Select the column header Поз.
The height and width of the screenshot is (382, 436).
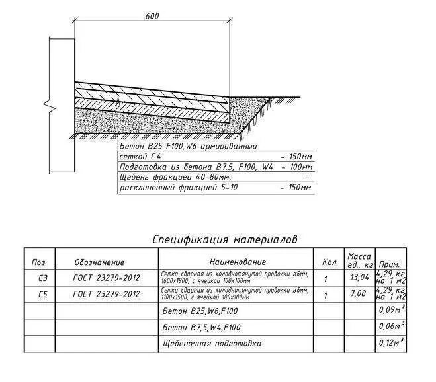tap(39, 262)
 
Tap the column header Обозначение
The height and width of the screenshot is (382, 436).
tap(99, 262)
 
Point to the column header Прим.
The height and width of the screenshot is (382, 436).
tap(390, 264)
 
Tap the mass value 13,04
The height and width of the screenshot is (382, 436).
tap(359, 278)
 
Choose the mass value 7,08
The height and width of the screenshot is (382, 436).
tap(359, 295)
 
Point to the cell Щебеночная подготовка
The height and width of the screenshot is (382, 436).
tap(212, 344)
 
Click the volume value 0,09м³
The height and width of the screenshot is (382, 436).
tap(390, 310)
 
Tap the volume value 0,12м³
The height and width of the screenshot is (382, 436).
tap(390, 343)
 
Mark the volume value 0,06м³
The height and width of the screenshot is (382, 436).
tap(390, 326)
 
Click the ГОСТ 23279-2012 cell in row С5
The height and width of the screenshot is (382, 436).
tap(106, 295)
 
